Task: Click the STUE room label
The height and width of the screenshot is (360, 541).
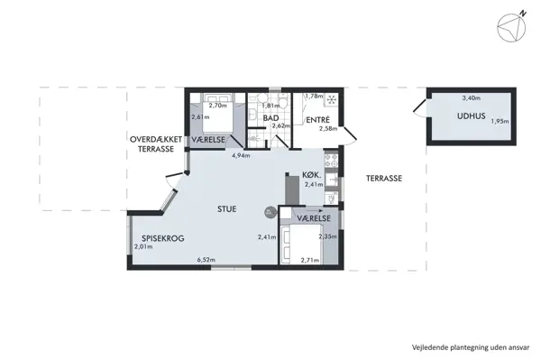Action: (x=227, y=208)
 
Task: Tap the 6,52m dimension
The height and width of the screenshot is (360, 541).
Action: (x=206, y=261)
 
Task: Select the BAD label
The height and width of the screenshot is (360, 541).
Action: (x=270, y=118)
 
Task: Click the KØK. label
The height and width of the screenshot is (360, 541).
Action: (x=314, y=176)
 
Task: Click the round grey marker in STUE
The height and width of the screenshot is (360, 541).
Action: (x=269, y=212)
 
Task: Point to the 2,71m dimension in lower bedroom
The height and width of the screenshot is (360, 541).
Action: (x=310, y=261)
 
